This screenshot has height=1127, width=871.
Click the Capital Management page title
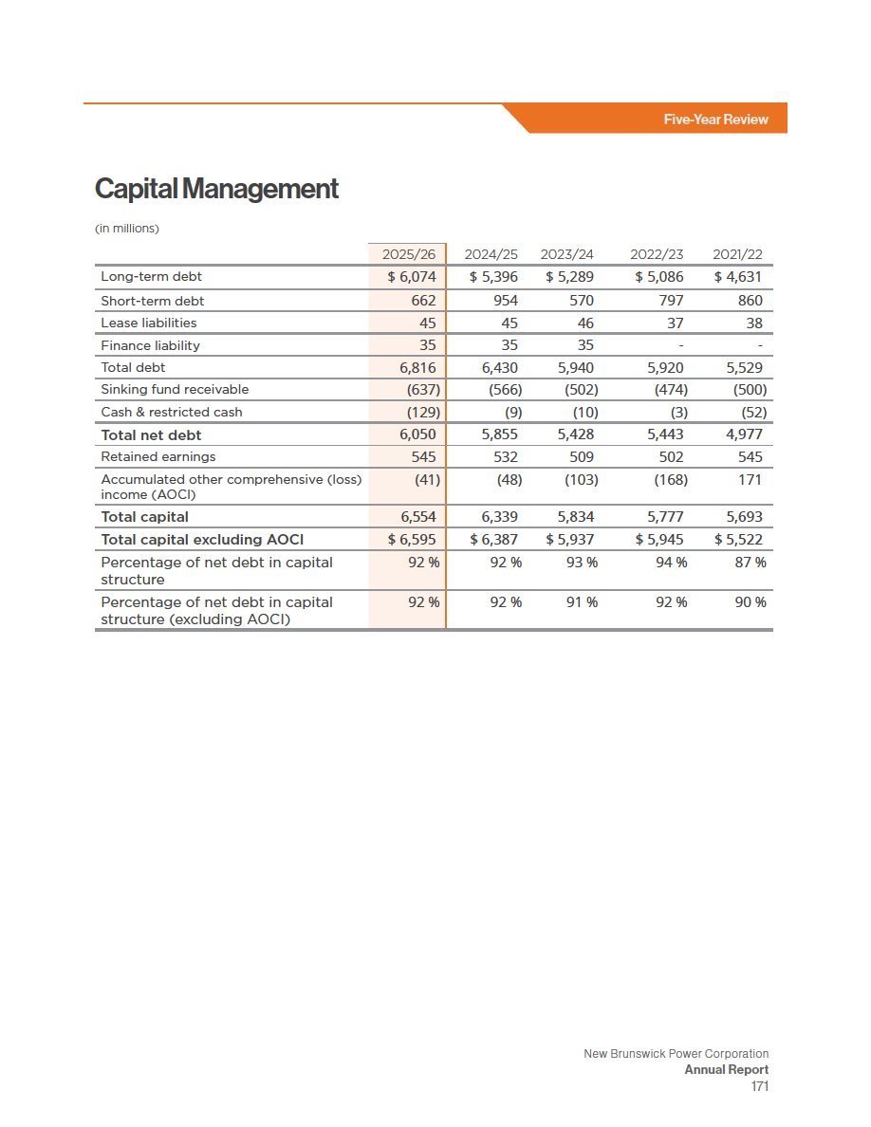click(216, 189)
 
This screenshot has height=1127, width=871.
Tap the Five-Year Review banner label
click(715, 120)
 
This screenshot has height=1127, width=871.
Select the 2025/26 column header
click(409, 254)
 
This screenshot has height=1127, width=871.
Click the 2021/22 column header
click(737, 254)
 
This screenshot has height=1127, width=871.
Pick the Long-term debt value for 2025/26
click(412, 277)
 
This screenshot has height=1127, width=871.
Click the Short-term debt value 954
click(505, 301)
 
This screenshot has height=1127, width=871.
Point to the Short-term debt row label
click(153, 301)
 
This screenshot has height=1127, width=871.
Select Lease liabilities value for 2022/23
click(675, 323)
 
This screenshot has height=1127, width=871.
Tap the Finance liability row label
click(150, 345)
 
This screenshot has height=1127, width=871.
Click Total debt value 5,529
click(744, 368)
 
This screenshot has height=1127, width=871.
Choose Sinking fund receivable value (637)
click(423, 390)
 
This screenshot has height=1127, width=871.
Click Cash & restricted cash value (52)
click(754, 413)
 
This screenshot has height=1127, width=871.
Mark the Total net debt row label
click(151, 434)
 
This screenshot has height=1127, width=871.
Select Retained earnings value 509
click(582, 457)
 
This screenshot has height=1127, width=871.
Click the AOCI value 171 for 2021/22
click(750, 479)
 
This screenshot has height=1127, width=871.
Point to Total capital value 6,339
click(499, 517)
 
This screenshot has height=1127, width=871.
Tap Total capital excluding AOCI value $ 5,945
click(659, 539)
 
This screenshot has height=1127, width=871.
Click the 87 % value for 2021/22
click(751, 562)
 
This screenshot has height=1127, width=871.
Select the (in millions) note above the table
click(126, 229)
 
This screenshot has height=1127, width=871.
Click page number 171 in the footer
click(760, 1086)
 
